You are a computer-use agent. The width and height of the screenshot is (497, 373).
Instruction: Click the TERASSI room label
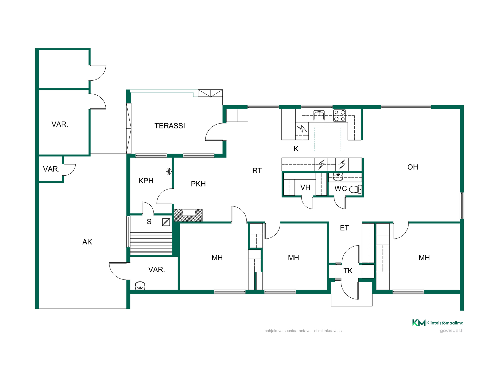(170, 126)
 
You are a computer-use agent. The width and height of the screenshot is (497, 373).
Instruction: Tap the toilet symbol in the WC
(355, 189)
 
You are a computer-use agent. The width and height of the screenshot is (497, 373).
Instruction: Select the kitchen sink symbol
(319, 116)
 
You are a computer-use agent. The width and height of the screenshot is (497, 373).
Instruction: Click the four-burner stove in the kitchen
(340, 116)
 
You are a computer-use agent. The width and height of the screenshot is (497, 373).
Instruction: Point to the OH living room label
(413, 167)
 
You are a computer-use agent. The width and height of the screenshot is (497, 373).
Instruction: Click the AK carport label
(87, 242)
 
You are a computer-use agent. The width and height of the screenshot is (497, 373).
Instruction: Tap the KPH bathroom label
(146, 181)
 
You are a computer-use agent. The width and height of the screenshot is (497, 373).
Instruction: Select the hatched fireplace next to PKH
(188, 215)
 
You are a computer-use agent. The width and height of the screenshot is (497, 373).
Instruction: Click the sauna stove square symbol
(166, 222)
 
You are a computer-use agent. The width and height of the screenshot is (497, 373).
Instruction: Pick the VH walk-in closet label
(305, 188)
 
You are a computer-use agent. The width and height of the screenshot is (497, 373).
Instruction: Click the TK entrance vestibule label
(348, 271)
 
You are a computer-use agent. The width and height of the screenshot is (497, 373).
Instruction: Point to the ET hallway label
(344, 228)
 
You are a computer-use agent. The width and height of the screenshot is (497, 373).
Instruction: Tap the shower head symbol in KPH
(169, 171)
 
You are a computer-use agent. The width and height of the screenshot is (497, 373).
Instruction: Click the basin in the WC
(338, 177)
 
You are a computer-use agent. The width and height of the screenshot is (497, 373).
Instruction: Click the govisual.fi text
(452, 331)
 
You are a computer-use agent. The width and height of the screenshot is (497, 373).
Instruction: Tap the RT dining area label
(257, 171)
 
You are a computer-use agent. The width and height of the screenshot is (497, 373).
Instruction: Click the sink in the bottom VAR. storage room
(140, 286)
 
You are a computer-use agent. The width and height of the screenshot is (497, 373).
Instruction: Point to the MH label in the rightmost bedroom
(424, 258)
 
